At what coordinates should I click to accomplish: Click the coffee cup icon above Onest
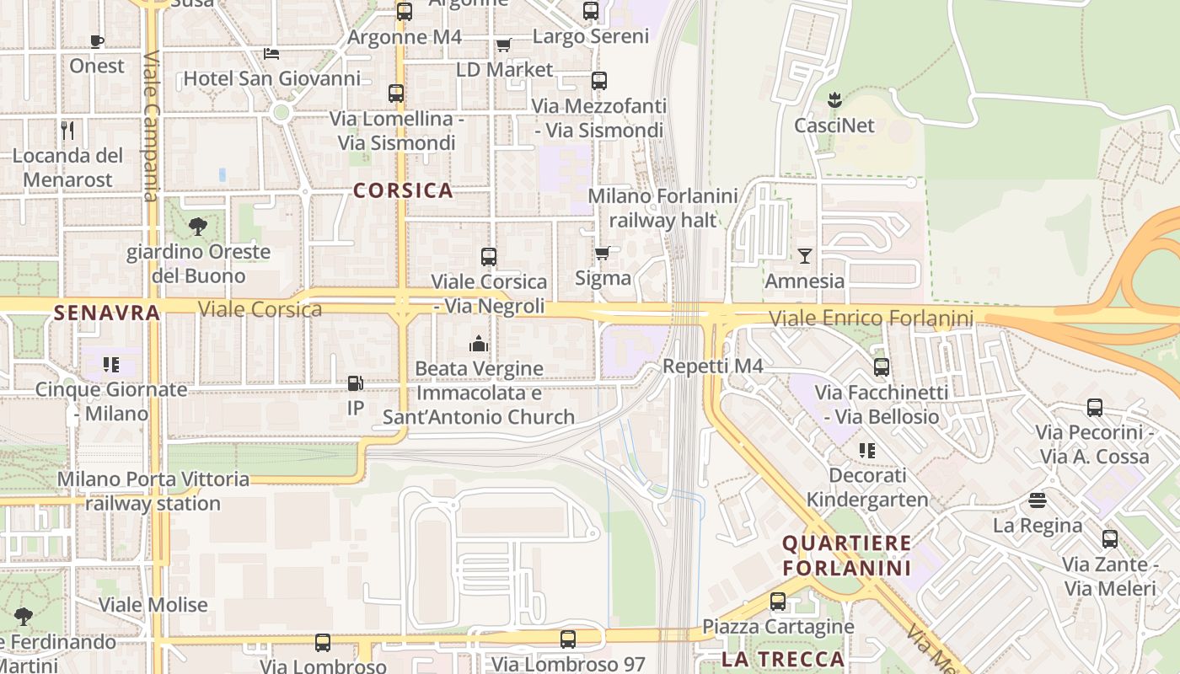(x=97, y=41)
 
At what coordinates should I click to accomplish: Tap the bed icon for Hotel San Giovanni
(x=271, y=54)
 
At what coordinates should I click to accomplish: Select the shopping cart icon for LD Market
(x=503, y=45)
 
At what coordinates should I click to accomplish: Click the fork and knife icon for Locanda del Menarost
(x=68, y=130)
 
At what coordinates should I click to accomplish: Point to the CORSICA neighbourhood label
(x=403, y=190)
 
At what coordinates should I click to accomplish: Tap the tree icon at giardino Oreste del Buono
(x=198, y=226)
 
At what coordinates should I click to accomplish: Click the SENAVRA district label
(x=107, y=313)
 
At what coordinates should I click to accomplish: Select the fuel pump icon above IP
(x=356, y=383)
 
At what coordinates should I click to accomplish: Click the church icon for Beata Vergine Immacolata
(x=479, y=344)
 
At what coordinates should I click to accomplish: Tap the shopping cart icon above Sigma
(x=603, y=253)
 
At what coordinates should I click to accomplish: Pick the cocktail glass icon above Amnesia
(x=805, y=255)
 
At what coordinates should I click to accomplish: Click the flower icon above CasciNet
(x=834, y=100)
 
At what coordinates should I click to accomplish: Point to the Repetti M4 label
(x=713, y=366)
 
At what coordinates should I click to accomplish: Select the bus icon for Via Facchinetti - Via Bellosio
(x=882, y=367)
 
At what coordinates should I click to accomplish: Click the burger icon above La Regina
(x=1038, y=500)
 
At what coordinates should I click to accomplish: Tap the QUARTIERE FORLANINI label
(x=846, y=555)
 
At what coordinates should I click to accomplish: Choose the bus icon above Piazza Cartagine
(x=778, y=602)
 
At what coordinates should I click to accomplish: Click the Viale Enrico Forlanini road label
(x=872, y=318)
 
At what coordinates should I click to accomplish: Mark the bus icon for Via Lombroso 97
(x=568, y=639)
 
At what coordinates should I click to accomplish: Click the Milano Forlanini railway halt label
(x=662, y=208)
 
